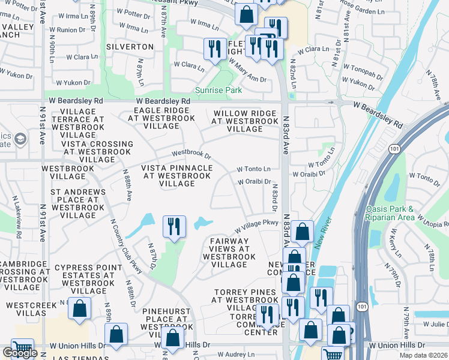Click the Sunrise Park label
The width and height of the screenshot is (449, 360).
[218, 91]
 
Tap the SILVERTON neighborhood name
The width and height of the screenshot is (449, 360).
[130, 46]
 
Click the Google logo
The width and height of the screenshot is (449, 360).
[20, 353]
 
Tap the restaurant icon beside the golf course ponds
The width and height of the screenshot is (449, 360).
[173, 227]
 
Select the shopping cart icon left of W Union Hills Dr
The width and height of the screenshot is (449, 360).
[22, 349]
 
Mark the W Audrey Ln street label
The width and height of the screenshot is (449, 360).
[236, 355]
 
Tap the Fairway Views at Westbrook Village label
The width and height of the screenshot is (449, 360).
[229, 253]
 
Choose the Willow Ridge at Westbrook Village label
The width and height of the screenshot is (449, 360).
[245, 121]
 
